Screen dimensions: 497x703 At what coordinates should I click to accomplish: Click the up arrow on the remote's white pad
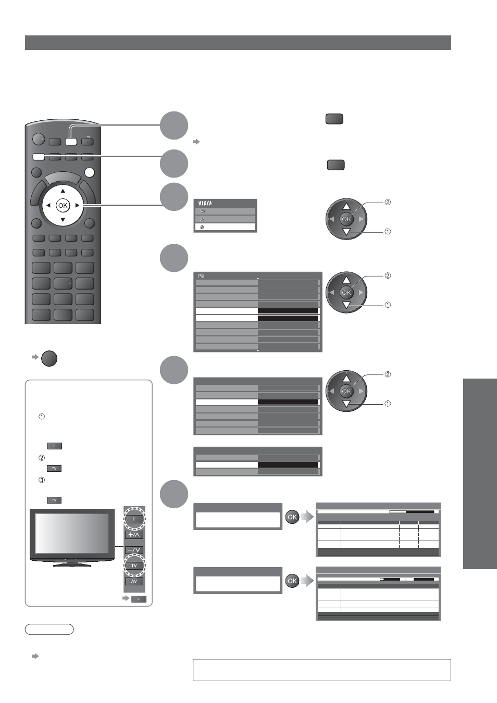coord(63,191)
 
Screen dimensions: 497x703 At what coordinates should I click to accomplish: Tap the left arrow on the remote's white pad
coord(48,206)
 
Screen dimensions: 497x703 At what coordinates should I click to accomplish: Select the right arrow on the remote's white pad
coord(77,206)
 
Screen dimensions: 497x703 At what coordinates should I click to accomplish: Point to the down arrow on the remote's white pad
coord(63,220)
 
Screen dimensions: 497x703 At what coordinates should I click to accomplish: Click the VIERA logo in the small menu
coord(205,204)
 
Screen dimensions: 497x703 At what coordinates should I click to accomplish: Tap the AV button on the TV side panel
coord(134,581)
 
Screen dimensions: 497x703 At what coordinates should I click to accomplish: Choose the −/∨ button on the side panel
coord(134,550)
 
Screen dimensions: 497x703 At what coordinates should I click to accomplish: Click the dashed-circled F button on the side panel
coord(134,519)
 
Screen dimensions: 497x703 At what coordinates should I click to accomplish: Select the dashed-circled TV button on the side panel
coord(134,566)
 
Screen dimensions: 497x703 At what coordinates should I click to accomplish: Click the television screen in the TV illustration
coord(72,533)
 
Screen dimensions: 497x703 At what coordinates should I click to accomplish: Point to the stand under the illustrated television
coord(72,564)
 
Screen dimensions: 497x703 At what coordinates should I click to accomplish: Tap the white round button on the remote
coord(90,172)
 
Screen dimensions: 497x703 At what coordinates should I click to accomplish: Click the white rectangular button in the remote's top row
coord(71,142)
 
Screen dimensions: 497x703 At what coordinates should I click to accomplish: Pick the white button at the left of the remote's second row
coord(39,157)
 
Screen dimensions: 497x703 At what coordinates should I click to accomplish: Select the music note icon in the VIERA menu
coord(203,219)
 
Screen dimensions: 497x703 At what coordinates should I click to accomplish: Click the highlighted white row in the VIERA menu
coord(225,227)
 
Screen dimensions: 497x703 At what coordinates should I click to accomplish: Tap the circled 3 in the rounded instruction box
coord(42,480)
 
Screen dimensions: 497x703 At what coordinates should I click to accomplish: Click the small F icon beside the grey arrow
coord(139,599)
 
